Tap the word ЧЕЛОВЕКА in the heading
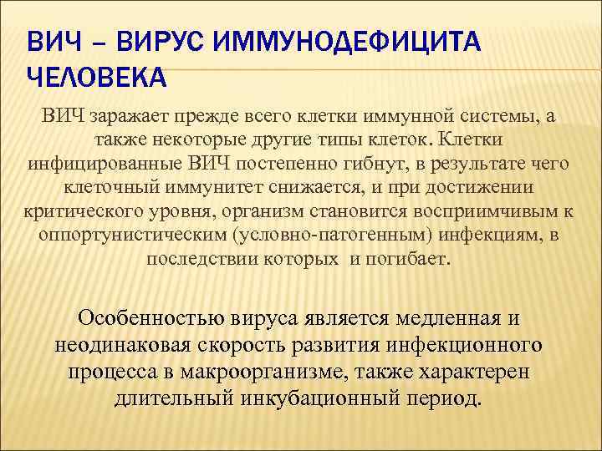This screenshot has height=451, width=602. pos(97,78)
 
